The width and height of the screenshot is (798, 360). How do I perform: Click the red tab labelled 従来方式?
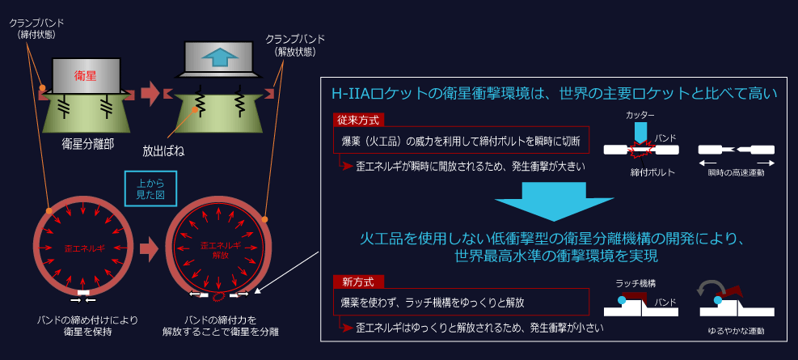click(x=358, y=121)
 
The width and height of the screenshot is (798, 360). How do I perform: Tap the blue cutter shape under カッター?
click(x=640, y=133)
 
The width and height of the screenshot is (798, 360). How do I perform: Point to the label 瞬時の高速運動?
click(x=736, y=173)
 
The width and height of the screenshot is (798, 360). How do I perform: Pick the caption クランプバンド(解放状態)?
click(x=294, y=45)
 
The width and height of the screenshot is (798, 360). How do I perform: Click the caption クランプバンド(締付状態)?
click(x=36, y=29)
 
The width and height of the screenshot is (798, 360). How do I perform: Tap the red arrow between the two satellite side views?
click(x=150, y=95)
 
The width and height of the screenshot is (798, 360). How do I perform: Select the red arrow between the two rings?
click(x=150, y=250)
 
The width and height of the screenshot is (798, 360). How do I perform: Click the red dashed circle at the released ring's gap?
click(x=218, y=296)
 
